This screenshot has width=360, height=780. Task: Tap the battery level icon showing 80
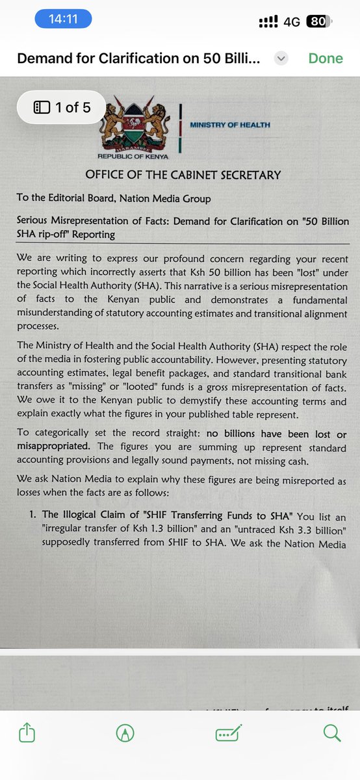(x=318, y=21)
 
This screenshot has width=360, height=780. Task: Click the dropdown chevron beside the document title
(x=281, y=58)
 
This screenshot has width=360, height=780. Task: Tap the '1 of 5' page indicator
(x=62, y=107)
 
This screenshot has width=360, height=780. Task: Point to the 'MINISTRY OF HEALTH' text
(x=230, y=125)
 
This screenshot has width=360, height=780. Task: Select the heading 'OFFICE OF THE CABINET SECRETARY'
(x=183, y=175)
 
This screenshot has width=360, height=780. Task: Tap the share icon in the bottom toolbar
(x=27, y=733)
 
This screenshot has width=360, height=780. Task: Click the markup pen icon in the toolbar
(x=123, y=733)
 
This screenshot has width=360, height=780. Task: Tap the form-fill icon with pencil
(x=229, y=733)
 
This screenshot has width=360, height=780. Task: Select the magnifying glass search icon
(x=331, y=733)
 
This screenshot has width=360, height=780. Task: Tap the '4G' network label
(x=292, y=21)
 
